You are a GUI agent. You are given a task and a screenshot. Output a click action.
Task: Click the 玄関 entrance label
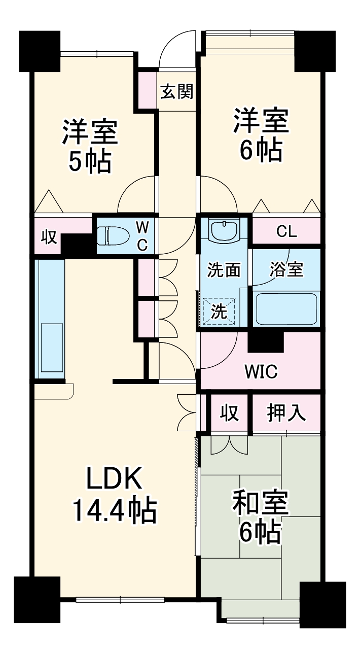pyautogui.click(x=177, y=92)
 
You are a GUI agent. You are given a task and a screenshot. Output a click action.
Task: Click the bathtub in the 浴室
pyautogui.click(x=286, y=309)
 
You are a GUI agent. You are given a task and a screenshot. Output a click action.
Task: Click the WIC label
pyautogui.click(x=261, y=372)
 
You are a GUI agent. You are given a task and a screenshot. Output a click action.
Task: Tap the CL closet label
pyautogui.click(x=286, y=232)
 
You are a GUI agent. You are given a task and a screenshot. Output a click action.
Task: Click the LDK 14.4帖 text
pyautogui.click(x=115, y=494)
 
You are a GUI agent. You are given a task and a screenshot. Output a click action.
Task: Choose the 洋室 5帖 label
pyautogui.click(x=90, y=146)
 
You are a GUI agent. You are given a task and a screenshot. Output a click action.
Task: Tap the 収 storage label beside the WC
pyautogui.click(x=49, y=237)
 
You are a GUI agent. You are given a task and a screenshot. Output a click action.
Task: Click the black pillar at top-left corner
pyautogui.click(x=40, y=50)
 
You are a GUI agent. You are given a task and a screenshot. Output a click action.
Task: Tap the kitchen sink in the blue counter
pyautogui.click(x=49, y=350)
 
